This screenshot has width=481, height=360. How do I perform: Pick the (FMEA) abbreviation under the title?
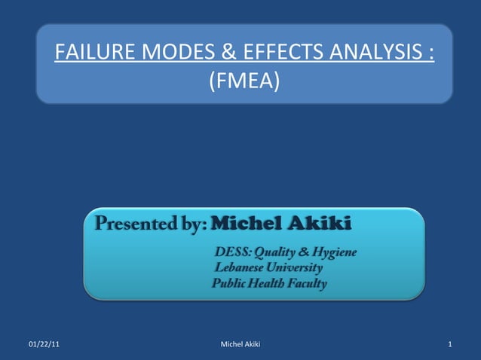click(243, 78)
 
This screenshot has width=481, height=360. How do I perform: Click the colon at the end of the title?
click(430, 54)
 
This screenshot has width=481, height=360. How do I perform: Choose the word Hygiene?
click(332, 251)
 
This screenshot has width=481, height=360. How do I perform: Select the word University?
click(297, 267)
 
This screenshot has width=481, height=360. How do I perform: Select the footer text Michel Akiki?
click(240, 345)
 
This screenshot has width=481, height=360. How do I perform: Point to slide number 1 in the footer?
click(449, 345)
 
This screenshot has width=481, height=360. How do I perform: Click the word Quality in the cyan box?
click(279, 251)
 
